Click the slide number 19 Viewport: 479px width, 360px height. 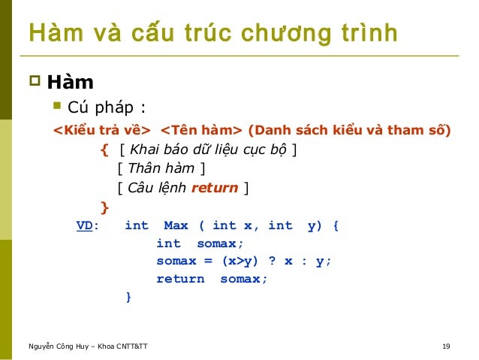[447, 346]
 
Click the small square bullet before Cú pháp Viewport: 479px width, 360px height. [57, 104]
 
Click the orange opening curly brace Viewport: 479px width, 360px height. [104, 149]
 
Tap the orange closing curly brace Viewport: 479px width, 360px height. [104, 207]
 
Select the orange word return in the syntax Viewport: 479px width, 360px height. [215, 188]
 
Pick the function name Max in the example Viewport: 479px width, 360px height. [176, 225]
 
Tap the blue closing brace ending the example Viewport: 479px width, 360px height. [128, 298]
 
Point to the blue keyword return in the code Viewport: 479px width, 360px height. [179, 279]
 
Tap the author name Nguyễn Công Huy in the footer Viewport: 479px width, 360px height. [60, 346]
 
